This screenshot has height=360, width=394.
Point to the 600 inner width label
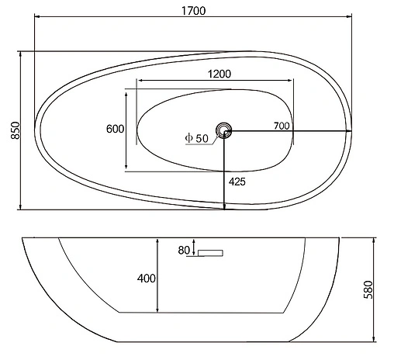point(116,130)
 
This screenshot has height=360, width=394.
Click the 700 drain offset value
point(282,125)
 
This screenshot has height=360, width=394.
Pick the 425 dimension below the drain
point(238,182)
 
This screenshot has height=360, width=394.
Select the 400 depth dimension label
point(147,278)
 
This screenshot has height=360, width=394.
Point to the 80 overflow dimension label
point(184,250)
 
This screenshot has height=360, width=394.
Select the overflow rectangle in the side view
point(209,253)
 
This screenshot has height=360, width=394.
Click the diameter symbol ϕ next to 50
point(188,138)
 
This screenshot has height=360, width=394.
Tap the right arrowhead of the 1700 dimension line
point(349,19)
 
